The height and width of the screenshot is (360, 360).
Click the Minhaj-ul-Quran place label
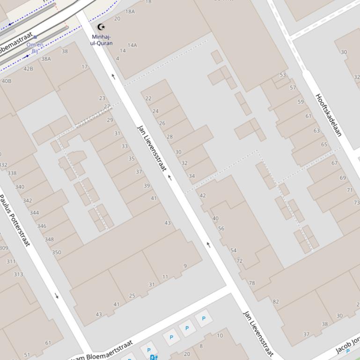[x=102, y=40]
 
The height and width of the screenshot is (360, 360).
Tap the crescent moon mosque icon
[x=101, y=27]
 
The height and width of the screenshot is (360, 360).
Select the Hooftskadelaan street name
[x=329, y=115]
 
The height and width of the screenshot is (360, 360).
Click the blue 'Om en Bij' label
[x=35, y=48]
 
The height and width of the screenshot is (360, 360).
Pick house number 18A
[x=130, y=12]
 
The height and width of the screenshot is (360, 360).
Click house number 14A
[x=132, y=45]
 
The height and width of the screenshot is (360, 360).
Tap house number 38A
[x=46, y=59]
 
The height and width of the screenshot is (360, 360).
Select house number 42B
[x=28, y=69]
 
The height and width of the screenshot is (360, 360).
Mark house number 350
[x=56, y=252]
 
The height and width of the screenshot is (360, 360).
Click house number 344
[x=34, y=213]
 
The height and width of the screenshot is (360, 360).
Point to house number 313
[x=18, y=274]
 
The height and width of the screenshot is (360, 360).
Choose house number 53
[x=283, y=75]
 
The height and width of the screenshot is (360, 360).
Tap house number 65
[x=324, y=144]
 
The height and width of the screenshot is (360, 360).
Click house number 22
[x=148, y=99]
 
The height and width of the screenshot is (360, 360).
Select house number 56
[x=221, y=229]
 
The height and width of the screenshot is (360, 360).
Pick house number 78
[x=252, y=283]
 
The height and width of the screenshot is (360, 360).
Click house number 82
[x=276, y=302]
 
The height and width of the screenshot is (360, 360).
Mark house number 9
[x=185, y=266]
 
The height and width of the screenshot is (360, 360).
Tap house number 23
[x=102, y=98]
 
